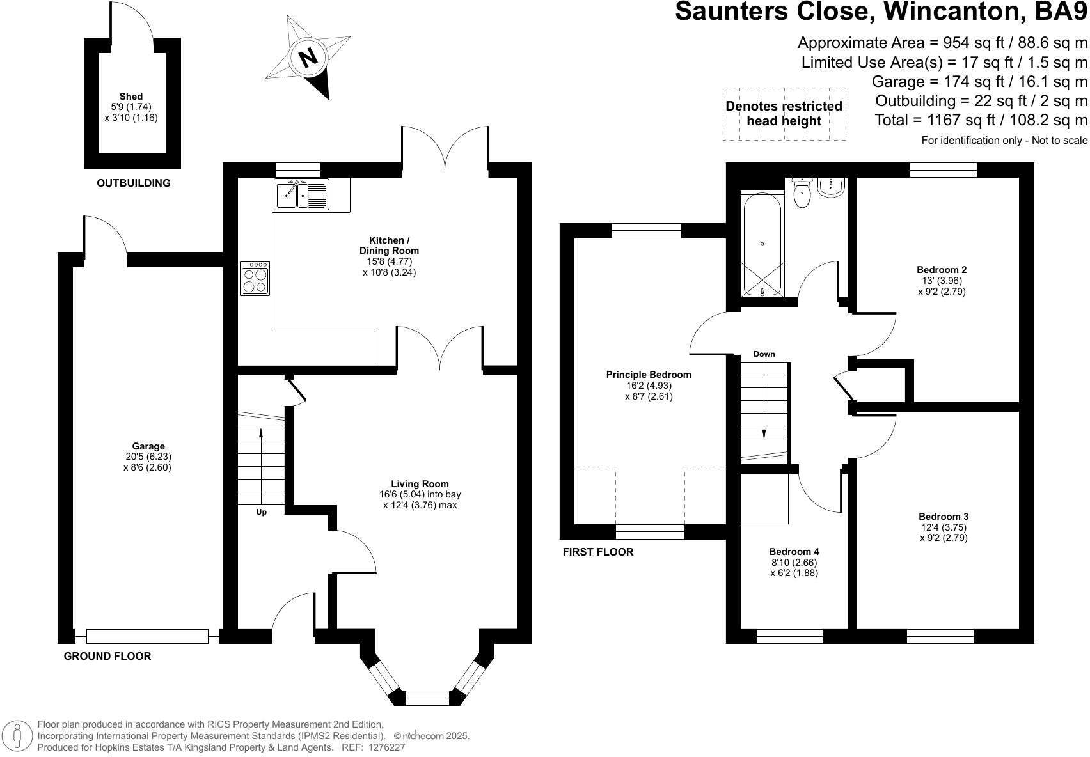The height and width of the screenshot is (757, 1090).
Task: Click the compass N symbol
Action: [308, 58]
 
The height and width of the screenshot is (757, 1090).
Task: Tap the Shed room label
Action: [130, 97]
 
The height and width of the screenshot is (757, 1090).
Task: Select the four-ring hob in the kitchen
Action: [255, 279]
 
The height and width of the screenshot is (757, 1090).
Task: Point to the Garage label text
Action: [148, 446]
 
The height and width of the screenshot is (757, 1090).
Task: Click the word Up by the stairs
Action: [261, 512]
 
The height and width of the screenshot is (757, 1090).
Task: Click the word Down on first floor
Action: [764, 354]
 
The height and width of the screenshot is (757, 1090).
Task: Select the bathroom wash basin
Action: [832, 187]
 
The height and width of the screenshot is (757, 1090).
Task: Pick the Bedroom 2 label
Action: [941, 270]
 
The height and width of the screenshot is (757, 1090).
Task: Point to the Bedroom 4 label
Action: [794, 552]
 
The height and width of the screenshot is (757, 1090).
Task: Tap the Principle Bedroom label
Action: [649, 375]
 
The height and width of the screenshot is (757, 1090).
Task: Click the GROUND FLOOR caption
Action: [107, 656]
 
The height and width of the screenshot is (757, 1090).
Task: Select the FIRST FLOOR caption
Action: [597, 552]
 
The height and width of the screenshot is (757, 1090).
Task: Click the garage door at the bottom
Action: [147, 636]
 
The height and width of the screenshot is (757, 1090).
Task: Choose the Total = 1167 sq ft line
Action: [981, 120]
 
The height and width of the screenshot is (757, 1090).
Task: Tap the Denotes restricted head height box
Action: [784, 114]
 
